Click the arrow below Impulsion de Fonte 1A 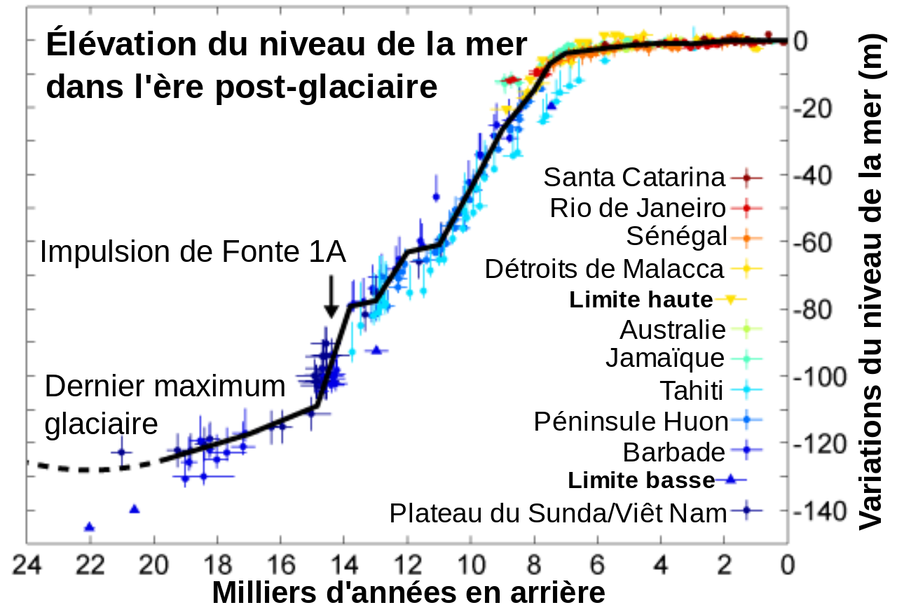point(331,295)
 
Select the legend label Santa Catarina point(634,178)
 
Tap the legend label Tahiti point(691,390)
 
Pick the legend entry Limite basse point(641,480)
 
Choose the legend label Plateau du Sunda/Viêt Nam point(558,513)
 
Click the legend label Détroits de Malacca point(604,268)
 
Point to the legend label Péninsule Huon point(631,422)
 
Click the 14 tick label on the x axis point(343,564)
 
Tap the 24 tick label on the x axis point(26,564)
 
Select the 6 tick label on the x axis point(597,564)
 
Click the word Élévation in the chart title point(118,46)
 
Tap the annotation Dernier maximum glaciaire point(165,405)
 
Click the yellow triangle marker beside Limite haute point(730,300)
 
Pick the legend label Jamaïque point(664,359)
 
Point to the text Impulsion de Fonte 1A point(193,252)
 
